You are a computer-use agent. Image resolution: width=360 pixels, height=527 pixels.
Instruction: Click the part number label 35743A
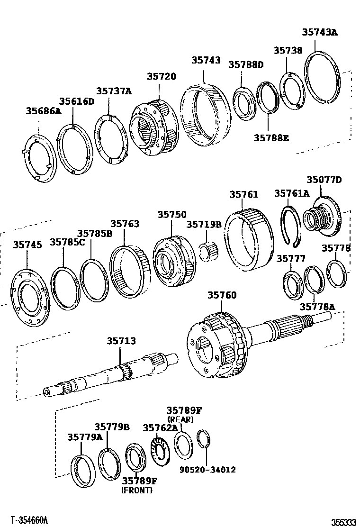320,32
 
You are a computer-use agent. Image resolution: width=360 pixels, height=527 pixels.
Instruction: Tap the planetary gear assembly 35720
156,128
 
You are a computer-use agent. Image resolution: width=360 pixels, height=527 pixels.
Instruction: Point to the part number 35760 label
221,295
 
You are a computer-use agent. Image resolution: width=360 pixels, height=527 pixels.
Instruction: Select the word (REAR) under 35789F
180,419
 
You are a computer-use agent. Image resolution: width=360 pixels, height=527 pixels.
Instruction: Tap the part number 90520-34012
207,470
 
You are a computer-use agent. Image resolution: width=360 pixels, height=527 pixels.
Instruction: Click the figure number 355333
343,522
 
